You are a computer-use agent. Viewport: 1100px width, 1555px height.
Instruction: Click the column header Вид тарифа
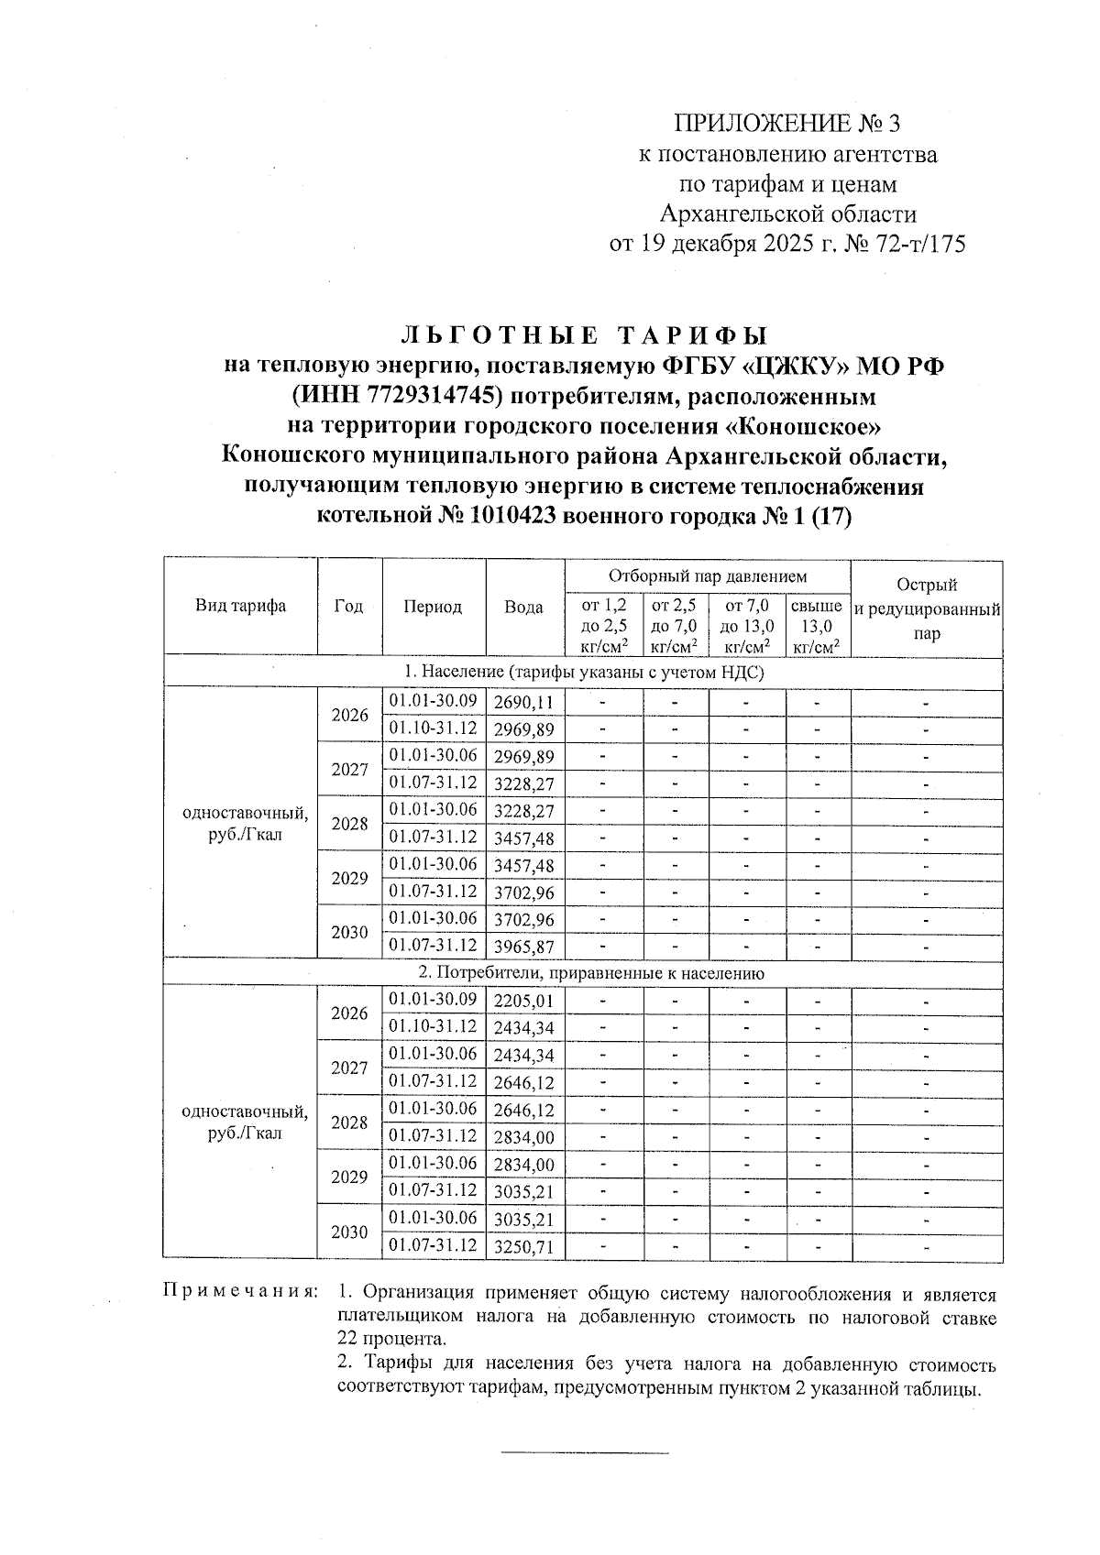pyautogui.click(x=240, y=606)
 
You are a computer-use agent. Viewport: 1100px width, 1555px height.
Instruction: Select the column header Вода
pyautogui.click(x=524, y=607)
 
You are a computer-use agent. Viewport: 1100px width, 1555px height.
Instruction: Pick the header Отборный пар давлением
pyautogui.click(x=708, y=576)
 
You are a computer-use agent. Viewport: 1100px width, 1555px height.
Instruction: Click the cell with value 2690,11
pyautogui.click(x=524, y=703)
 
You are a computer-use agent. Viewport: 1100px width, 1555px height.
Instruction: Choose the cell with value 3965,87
pyautogui.click(x=524, y=947)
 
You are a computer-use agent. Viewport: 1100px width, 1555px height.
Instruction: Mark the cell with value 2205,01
pyautogui.click(x=524, y=1001)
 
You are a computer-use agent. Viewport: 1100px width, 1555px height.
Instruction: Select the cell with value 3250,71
pyautogui.click(x=524, y=1247)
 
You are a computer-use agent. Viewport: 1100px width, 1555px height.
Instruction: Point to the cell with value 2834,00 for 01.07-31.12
pyautogui.click(x=524, y=1137)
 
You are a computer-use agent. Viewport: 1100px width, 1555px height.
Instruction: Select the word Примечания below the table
pyautogui.click(x=240, y=1292)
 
